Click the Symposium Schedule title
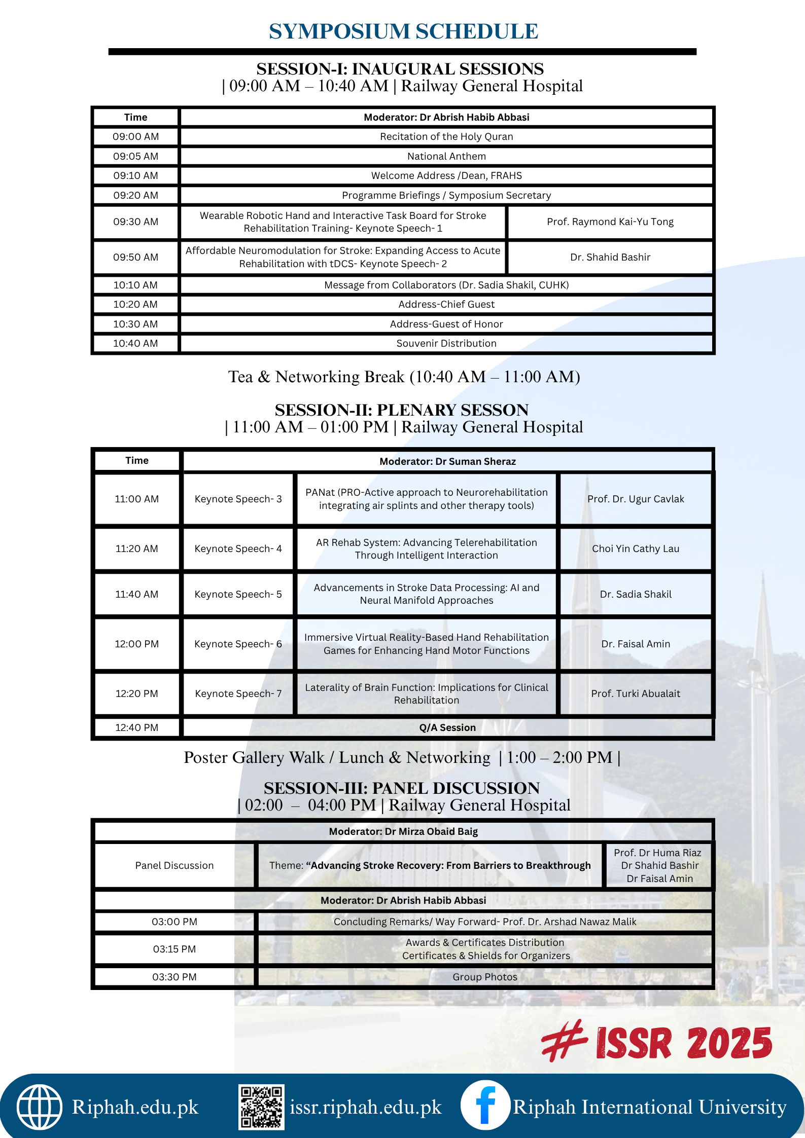[403, 31]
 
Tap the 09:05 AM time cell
[135, 156]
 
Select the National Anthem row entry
[446, 156]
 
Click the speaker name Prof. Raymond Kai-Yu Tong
[610, 222]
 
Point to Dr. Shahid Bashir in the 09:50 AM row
[610, 257]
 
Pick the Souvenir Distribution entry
[446, 343]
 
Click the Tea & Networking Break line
[404, 377]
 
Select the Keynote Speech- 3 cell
[238, 499]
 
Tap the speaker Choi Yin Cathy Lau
[635, 548]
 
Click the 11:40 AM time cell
[136, 594]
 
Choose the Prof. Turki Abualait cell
[635, 693]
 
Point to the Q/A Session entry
[447, 727]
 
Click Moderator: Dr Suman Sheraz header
[447, 461]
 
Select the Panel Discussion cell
[174, 865]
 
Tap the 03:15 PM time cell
[174, 949]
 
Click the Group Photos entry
[485, 977]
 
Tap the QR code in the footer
[261, 1107]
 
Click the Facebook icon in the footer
[485, 1105]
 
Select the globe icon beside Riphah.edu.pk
[40, 1107]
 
